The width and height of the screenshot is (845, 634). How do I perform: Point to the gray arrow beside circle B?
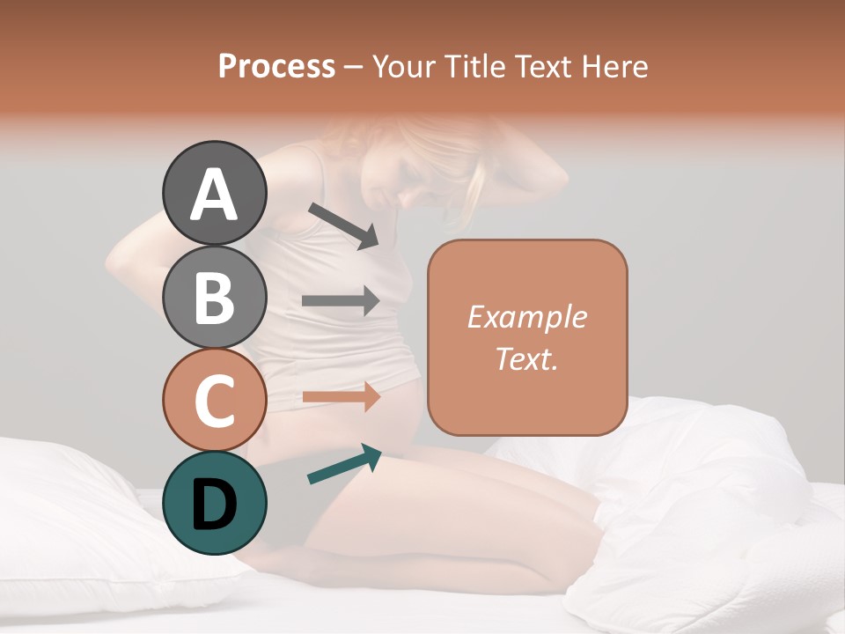tap(341, 301)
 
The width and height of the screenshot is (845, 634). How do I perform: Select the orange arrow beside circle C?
tap(341, 396)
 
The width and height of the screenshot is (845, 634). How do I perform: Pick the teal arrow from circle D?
tap(344, 465)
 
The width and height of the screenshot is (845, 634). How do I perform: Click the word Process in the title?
tap(276, 67)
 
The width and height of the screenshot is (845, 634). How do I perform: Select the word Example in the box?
tap(526, 317)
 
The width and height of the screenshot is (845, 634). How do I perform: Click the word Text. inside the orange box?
tap(526, 358)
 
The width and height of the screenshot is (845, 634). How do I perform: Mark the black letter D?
tap(214, 505)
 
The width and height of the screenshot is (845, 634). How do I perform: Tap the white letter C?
tap(214, 401)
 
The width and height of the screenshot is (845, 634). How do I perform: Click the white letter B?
tap(214, 298)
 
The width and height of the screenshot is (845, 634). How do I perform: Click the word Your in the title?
tap(403, 67)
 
